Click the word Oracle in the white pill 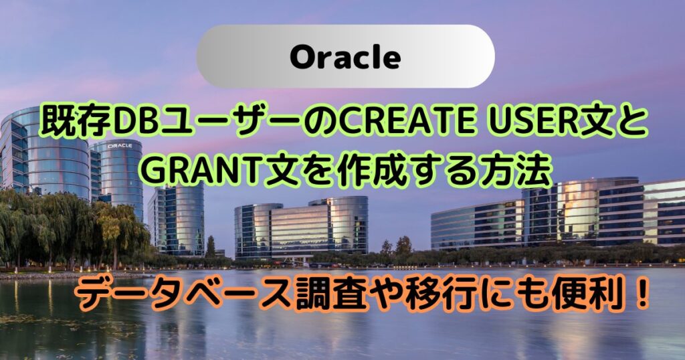point(345,58)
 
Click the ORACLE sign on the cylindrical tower point(119,145)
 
